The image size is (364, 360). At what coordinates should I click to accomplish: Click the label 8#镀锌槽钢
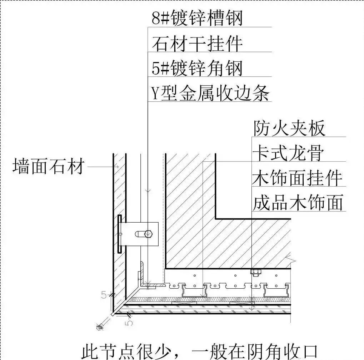pyautogui.click(x=197, y=18)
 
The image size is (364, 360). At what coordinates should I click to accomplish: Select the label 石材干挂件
pyautogui.click(x=197, y=43)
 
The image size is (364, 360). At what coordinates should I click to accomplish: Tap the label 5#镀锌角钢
pyautogui.click(x=197, y=68)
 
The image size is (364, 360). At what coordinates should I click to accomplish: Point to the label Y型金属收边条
pyautogui.click(x=210, y=93)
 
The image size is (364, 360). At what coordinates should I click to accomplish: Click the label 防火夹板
pyautogui.click(x=289, y=128)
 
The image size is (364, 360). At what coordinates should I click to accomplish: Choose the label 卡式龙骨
pyautogui.click(x=288, y=153)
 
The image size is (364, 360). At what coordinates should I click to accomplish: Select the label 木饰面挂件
pyautogui.click(x=297, y=178)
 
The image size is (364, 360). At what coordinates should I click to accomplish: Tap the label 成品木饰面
pyautogui.click(x=298, y=203)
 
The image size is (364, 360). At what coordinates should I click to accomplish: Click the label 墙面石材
pyautogui.click(x=49, y=166)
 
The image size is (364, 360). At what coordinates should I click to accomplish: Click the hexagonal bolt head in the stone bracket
pyautogui.click(x=148, y=234)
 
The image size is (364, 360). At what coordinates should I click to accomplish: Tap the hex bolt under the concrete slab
pyautogui.click(x=255, y=273)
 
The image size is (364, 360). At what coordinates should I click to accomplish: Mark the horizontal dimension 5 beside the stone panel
pyautogui.click(x=104, y=295)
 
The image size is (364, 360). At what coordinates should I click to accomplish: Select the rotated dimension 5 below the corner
pyautogui.click(x=130, y=322)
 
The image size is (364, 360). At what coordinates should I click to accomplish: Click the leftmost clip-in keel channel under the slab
pyautogui.click(x=194, y=291)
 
